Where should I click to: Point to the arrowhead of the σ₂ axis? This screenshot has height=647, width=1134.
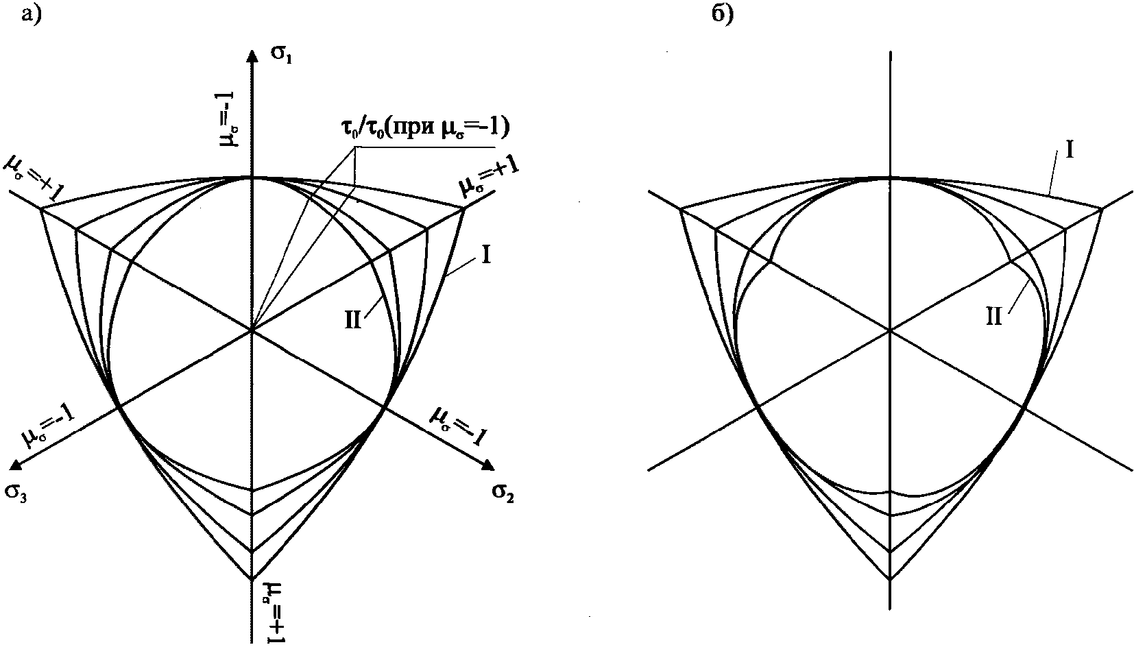487,466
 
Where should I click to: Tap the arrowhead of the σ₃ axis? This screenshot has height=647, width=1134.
17,467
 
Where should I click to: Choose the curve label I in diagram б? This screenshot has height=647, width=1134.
1067,149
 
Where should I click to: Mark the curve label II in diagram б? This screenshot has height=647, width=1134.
994,316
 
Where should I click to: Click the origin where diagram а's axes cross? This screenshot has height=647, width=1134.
252,331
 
